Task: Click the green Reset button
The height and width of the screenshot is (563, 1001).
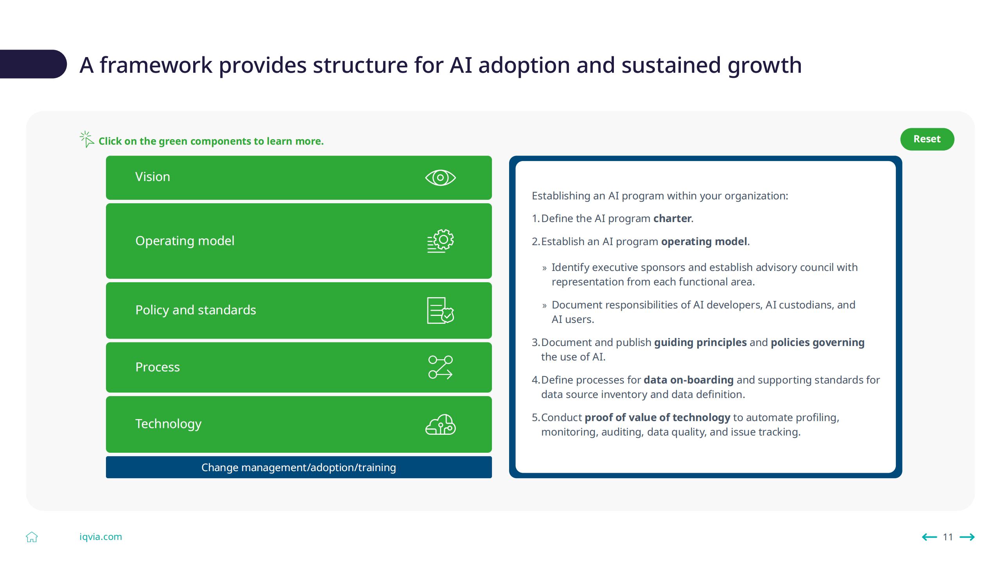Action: pos(927,139)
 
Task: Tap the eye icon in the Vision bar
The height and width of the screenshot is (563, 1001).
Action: pos(440,178)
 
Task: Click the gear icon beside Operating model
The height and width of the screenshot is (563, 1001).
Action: pos(441,241)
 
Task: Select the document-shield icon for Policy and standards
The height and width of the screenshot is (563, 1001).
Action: pos(441,310)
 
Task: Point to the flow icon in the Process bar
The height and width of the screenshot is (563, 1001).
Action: pos(441,367)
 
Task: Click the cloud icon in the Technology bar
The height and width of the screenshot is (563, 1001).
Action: pos(441,425)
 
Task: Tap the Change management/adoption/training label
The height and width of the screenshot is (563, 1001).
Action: pos(299,467)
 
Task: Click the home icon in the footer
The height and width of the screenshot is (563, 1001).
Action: pos(32,537)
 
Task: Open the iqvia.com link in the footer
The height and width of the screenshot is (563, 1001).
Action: pos(100,537)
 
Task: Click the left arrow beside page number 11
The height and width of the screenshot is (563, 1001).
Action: pos(929,537)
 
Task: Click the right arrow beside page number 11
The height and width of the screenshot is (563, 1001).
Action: pos(967,537)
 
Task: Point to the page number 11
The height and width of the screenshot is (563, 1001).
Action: pos(948,537)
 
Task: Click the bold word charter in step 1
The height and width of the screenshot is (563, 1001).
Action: pos(673,219)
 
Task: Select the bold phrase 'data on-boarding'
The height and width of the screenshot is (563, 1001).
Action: pos(688,380)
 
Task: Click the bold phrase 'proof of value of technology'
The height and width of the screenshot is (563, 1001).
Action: pos(657,418)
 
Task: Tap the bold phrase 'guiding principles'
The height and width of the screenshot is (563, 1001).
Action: pos(700,342)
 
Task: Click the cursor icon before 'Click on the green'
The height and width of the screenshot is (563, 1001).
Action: pos(87,139)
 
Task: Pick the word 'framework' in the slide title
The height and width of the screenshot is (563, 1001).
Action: pos(156,65)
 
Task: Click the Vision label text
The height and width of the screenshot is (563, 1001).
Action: pos(152,177)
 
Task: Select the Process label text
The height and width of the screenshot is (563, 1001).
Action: pos(158,367)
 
